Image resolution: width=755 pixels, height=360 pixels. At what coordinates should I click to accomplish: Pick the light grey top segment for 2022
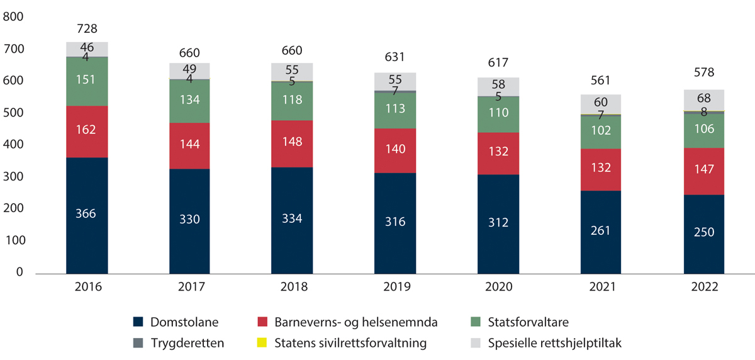(703, 99)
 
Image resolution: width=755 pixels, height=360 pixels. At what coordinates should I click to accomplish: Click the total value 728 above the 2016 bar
(87, 29)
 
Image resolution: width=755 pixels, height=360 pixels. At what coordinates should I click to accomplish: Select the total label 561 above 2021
(600, 81)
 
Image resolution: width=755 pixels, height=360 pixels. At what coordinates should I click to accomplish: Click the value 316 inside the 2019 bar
(395, 222)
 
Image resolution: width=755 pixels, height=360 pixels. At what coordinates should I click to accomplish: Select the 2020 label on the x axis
(497, 288)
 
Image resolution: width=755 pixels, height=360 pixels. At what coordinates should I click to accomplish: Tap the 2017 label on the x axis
(190, 288)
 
